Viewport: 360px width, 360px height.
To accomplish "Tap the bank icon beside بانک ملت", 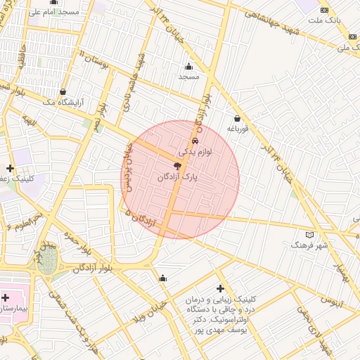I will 324,10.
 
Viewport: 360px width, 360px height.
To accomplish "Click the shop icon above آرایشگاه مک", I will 63,91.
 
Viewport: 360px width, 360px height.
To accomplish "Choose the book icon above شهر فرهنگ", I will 309,235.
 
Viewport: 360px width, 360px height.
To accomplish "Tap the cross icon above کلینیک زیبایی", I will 221,289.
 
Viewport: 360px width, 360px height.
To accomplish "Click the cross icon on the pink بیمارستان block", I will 6,298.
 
